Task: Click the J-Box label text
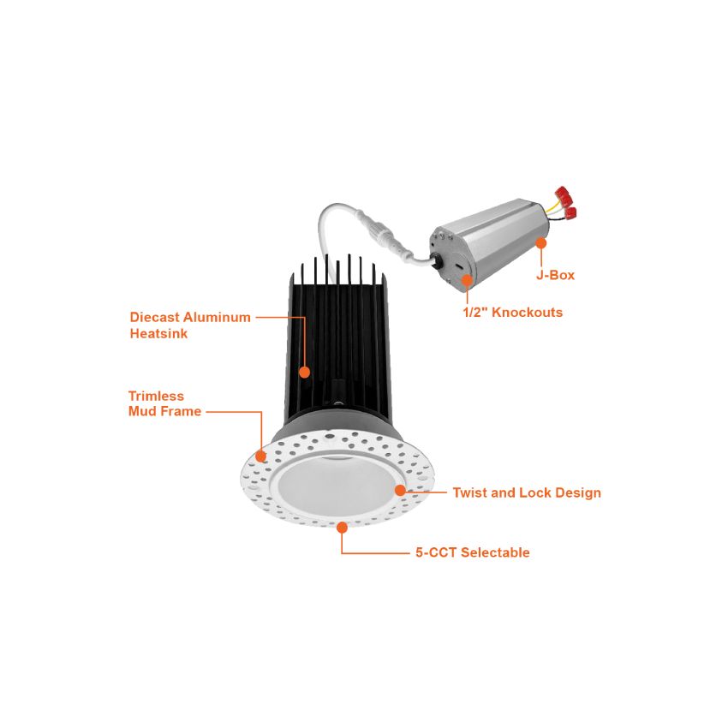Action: pos(555,275)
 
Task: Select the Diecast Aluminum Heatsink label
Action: pos(190,325)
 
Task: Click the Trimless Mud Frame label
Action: pos(164,403)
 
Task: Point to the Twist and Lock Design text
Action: pos(527,492)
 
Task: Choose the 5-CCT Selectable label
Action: pos(473,552)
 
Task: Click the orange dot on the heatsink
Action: pos(304,372)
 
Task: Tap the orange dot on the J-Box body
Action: pos(541,243)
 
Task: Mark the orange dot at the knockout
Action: pos(467,279)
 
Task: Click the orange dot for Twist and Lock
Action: pos(400,490)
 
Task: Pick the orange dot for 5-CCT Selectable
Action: pos(342,526)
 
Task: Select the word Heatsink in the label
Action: pos(158,333)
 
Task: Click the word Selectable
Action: pos(495,552)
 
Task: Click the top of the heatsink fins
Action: pos(338,264)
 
